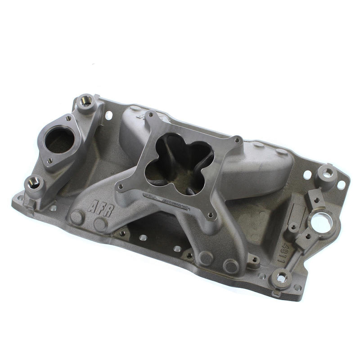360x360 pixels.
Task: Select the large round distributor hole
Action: point(321,222)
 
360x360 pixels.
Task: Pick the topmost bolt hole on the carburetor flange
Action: point(153,117)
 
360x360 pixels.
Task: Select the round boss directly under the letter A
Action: point(77,218)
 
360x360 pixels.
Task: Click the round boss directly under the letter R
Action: point(100,224)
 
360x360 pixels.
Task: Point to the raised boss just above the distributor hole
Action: point(326,173)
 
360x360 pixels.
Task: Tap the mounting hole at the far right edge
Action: point(341,184)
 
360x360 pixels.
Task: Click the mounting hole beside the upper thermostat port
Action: point(109,115)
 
